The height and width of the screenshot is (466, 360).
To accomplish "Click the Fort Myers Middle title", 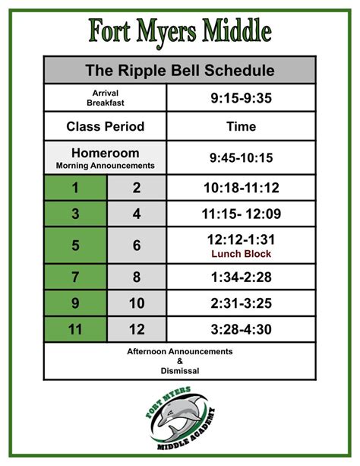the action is pyautogui.click(x=180, y=32).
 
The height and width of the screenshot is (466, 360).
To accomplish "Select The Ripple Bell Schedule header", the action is pyautogui.click(x=180, y=70).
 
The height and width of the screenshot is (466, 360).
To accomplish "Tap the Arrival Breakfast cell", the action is pyautogui.click(x=105, y=98).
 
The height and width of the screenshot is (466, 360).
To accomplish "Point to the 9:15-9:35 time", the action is pyautogui.click(x=241, y=98).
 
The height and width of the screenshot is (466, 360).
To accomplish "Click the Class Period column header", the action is pyautogui.click(x=105, y=126).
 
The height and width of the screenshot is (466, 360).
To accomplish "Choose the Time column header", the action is pyautogui.click(x=241, y=126).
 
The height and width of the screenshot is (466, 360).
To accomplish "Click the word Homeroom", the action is pyautogui.click(x=105, y=153).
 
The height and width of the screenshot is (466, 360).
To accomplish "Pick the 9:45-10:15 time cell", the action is pyautogui.click(x=241, y=157).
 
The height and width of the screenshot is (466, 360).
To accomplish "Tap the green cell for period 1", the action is pyautogui.click(x=75, y=188).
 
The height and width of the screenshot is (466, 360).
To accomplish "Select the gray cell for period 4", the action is pyautogui.click(x=137, y=214).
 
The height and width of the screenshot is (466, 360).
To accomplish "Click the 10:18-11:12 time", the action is pyautogui.click(x=241, y=188).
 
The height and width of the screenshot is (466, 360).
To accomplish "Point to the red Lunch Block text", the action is pyautogui.click(x=241, y=254).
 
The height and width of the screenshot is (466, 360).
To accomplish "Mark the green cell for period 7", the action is pyautogui.click(x=75, y=277).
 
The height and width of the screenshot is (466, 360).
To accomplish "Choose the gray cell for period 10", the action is pyautogui.click(x=137, y=303).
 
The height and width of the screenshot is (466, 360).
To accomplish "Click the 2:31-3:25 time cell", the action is pyautogui.click(x=241, y=303).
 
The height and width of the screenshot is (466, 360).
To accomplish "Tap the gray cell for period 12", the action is pyautogui.click(x=137, y=329).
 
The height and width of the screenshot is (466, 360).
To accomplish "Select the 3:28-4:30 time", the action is pyautogui.click(x=241, y=329).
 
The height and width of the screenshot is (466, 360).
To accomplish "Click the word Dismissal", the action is pyautogui.click(x=180, y=371).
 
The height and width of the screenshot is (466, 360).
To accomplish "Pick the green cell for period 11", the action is pyautogui.click(x=75, y=329).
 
